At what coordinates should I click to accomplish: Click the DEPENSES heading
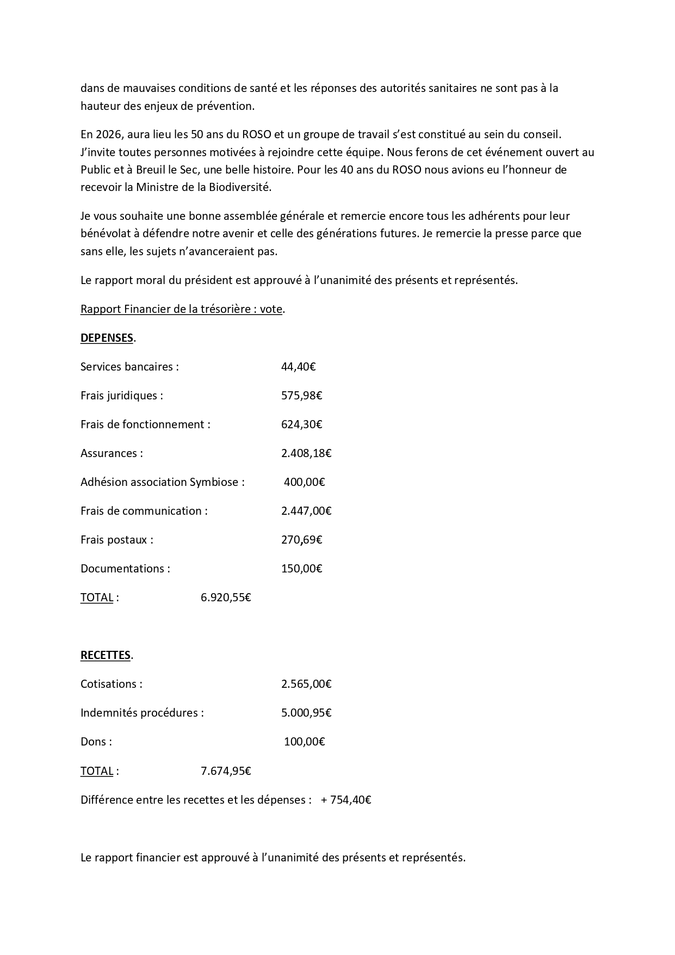click(107, 338)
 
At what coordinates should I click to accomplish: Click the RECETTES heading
click(106, 655)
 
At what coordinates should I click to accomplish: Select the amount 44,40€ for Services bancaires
click(298, 367)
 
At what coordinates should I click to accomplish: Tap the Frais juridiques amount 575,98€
click(301, 396)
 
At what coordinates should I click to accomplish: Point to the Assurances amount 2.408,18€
click(306, 453)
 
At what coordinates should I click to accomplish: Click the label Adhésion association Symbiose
click(162, 482)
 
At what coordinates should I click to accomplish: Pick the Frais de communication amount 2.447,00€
click(306, 511)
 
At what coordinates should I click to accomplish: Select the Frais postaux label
click(116, 540)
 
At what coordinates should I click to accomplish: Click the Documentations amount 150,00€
click(301, 569)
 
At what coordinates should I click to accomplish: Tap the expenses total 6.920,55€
click(226, 597)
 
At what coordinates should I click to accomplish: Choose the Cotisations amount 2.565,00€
click(306, 684)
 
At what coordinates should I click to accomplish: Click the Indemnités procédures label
click(142, 713)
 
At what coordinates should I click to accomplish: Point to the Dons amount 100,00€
click(304, 742)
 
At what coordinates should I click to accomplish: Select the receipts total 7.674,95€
click(226, 771)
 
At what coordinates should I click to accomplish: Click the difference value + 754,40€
click(346, 800)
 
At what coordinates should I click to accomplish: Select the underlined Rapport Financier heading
click(181, 309)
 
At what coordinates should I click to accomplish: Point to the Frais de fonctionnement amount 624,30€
click(301, 424)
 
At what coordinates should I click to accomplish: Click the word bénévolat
click(103, 233)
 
